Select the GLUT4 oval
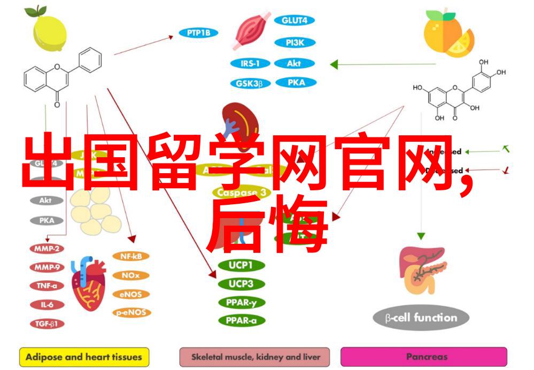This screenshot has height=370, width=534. coord(293,21)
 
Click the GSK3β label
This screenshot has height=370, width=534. coord(250,83)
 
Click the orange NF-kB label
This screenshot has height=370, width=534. coord(130,257)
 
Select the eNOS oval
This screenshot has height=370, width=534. coord(130,294)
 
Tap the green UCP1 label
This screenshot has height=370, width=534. coord(240,265)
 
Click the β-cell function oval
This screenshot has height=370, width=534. coord(421,318)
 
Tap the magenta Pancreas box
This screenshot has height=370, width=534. coord(423,356)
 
